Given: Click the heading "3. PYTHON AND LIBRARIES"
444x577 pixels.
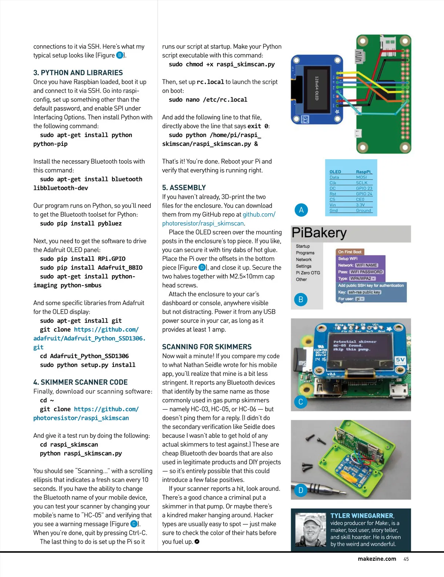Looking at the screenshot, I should coord(78,73).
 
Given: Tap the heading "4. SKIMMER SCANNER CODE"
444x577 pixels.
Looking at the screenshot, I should coord(80,382).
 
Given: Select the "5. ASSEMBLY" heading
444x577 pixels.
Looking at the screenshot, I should coord(184,188).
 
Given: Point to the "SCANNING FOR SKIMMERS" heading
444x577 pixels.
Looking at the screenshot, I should coord(207,347).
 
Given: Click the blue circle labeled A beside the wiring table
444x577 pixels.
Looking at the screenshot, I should coord(301,210).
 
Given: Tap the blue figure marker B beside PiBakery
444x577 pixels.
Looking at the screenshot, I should coord(301,299).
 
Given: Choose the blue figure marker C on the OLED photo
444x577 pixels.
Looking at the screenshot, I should coord(300,402).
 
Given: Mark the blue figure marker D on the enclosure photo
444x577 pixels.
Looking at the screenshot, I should coord(300,490).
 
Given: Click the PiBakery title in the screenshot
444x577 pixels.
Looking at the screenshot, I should coord(319,233).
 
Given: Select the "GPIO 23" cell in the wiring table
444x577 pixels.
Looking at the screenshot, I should coord(364,188).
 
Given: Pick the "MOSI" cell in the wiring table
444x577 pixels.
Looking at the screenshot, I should coord(361,177).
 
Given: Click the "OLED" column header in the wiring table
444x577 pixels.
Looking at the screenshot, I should coord(335,172).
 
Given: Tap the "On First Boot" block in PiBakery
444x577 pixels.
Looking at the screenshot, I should coord(350,252).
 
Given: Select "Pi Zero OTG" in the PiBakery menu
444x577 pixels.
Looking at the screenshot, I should coord(308,273).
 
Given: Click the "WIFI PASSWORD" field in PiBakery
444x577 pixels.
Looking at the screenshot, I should coord(366,272).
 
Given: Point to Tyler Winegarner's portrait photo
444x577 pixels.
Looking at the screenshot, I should coord(310,530).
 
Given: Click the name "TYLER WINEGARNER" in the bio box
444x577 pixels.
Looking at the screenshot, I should coord(362,516).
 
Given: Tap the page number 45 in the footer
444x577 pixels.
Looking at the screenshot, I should coord(406,559).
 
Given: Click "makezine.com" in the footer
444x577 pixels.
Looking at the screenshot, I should coord(377,559).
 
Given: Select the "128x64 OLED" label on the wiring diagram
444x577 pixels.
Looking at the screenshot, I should coord(317,88).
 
